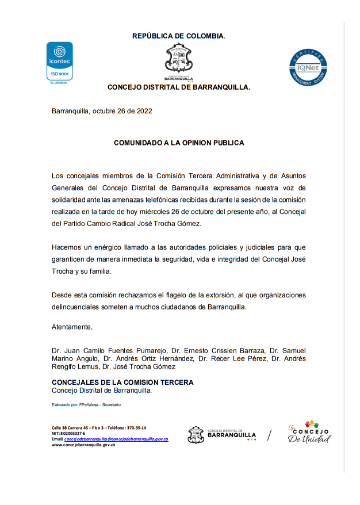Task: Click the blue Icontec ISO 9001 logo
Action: click(x=59, y=63)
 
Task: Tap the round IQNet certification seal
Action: click(x=308, y=68)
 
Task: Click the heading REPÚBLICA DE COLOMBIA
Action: click(x=178, y=36)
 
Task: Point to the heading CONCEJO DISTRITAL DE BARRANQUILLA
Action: click(x=179, y=87)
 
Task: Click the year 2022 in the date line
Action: click(x=144, y=112)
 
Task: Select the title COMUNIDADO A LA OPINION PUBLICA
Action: click(x=179, y=143)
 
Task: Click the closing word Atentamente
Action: click(x=72, y=327)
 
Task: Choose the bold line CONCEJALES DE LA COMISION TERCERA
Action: click(x=122, y=382)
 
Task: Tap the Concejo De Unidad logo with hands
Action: click(x=309, y=433)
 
